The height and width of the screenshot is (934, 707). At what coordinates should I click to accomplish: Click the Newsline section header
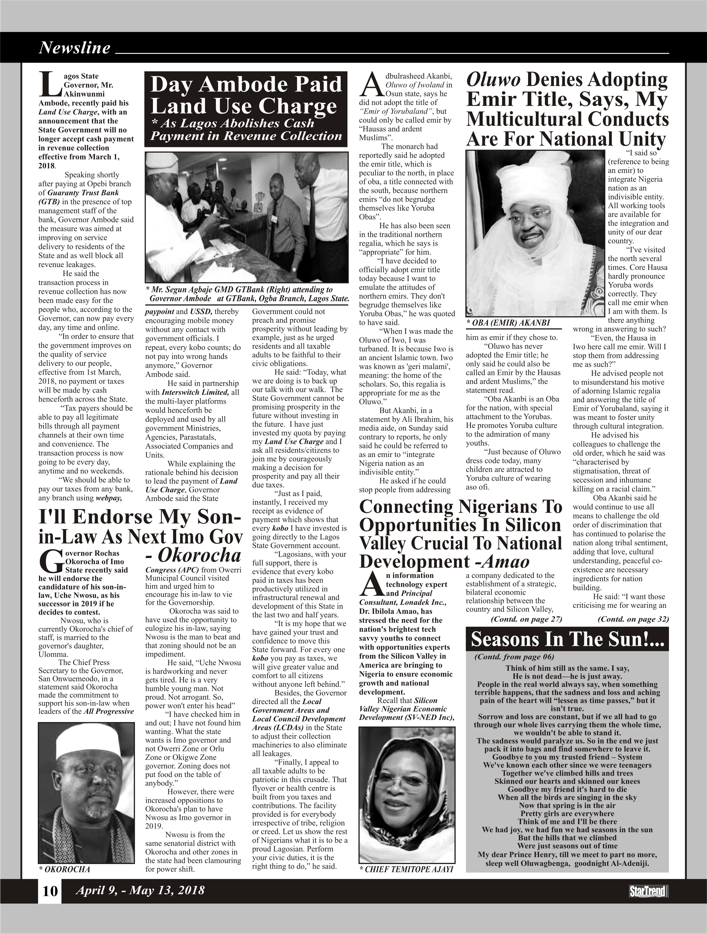click(x=74, y=48)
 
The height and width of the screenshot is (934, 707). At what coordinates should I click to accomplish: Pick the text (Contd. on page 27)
click(x=526, y=619)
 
